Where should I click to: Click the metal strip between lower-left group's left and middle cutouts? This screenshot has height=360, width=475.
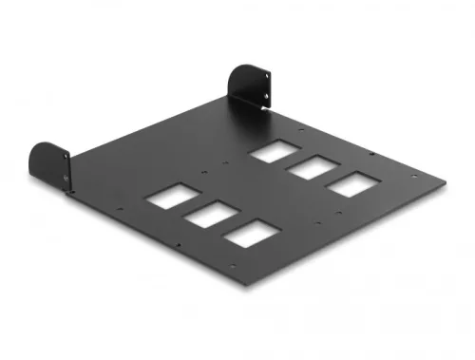click(x=187, y=206)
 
